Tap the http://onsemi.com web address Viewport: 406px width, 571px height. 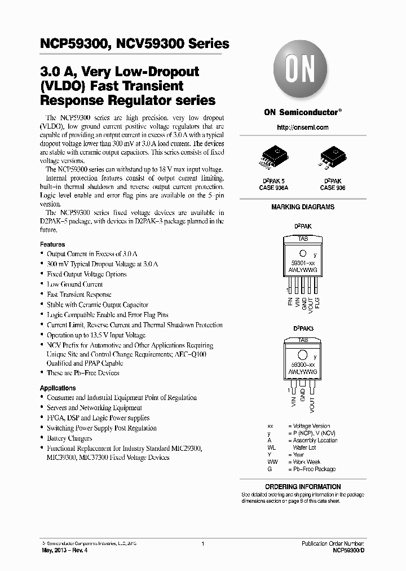303,128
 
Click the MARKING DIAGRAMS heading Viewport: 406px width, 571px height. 303,207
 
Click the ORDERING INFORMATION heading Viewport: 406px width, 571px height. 303,486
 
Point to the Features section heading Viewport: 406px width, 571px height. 52,244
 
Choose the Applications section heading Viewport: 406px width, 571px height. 58,388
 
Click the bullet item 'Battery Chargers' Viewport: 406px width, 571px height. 69,438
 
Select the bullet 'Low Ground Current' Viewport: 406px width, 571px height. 75,284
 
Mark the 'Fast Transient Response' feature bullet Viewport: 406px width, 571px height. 79,295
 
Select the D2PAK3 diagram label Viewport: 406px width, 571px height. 303,328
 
